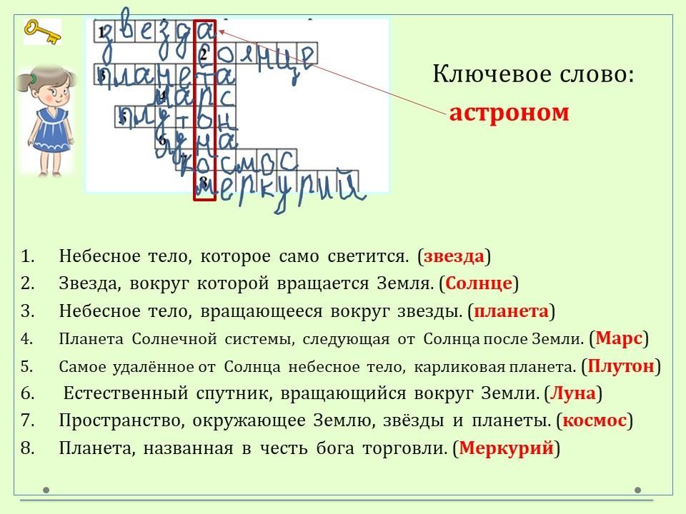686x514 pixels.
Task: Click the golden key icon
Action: point(42,32)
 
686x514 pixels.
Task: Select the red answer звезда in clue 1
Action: point(454,256)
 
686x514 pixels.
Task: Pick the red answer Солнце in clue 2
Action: point(479,283)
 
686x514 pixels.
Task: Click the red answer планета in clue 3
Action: point(511,311)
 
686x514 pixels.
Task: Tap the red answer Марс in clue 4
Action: point(619,338)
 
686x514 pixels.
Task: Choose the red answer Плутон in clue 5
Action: point(621,366)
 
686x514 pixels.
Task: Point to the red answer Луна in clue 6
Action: point(572,393)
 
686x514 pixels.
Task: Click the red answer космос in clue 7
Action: point(595,420)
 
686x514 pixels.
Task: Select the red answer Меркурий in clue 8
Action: point(507,448)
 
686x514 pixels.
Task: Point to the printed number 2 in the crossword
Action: point(204,54)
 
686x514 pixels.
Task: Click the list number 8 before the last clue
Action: point(28,448)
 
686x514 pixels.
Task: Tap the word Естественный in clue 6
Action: point(126,393)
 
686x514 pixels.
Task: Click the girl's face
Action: point(54,91)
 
